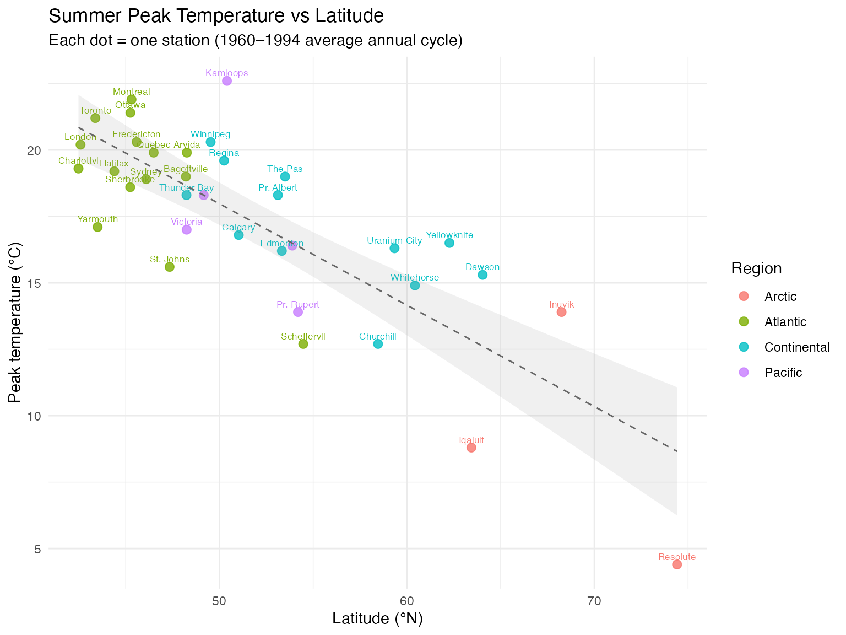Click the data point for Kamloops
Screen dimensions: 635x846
pos(227,81)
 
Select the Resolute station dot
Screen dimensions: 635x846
pos(677,564)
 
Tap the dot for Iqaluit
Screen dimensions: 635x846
pos(471,448)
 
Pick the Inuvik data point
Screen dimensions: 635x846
pos(562,312)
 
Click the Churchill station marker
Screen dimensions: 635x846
pos(378,344)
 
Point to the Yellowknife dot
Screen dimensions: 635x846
pos(449,243)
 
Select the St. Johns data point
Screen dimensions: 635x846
pos(170,267)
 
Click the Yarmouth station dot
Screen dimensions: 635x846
pos(97,227)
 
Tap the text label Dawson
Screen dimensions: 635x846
pos(482,267)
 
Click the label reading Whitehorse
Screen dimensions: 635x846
pos(415,277)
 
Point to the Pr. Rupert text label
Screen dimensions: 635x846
pos(298,304)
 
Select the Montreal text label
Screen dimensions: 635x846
pos(132,92)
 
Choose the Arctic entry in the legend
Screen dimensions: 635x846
pos(780,297)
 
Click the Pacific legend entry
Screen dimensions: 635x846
pos(783,373)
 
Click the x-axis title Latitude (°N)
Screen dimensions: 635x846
pos(377,619)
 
